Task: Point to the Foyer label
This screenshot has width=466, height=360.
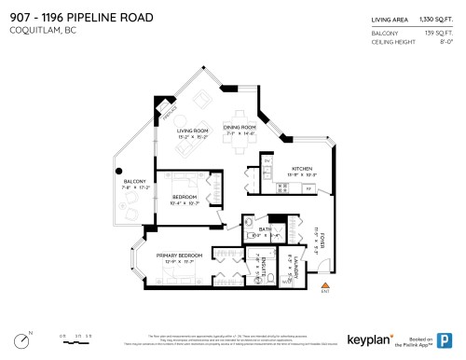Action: coord(322,242)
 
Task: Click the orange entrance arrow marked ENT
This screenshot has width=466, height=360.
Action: coord(324,285)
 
